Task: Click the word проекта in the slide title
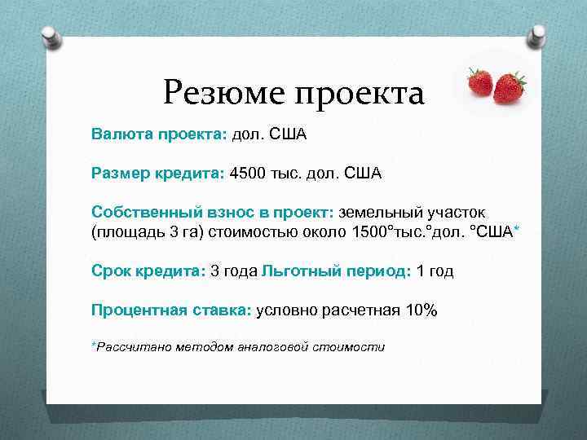(359, 95)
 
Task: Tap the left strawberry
(480, 81)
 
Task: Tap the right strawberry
(510, 86)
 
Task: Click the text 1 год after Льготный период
(435, 271)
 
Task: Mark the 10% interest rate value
(421, 310)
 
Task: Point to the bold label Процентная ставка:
(172, 310)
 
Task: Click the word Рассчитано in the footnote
(130, 347)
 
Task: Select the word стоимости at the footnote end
(351, 347)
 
